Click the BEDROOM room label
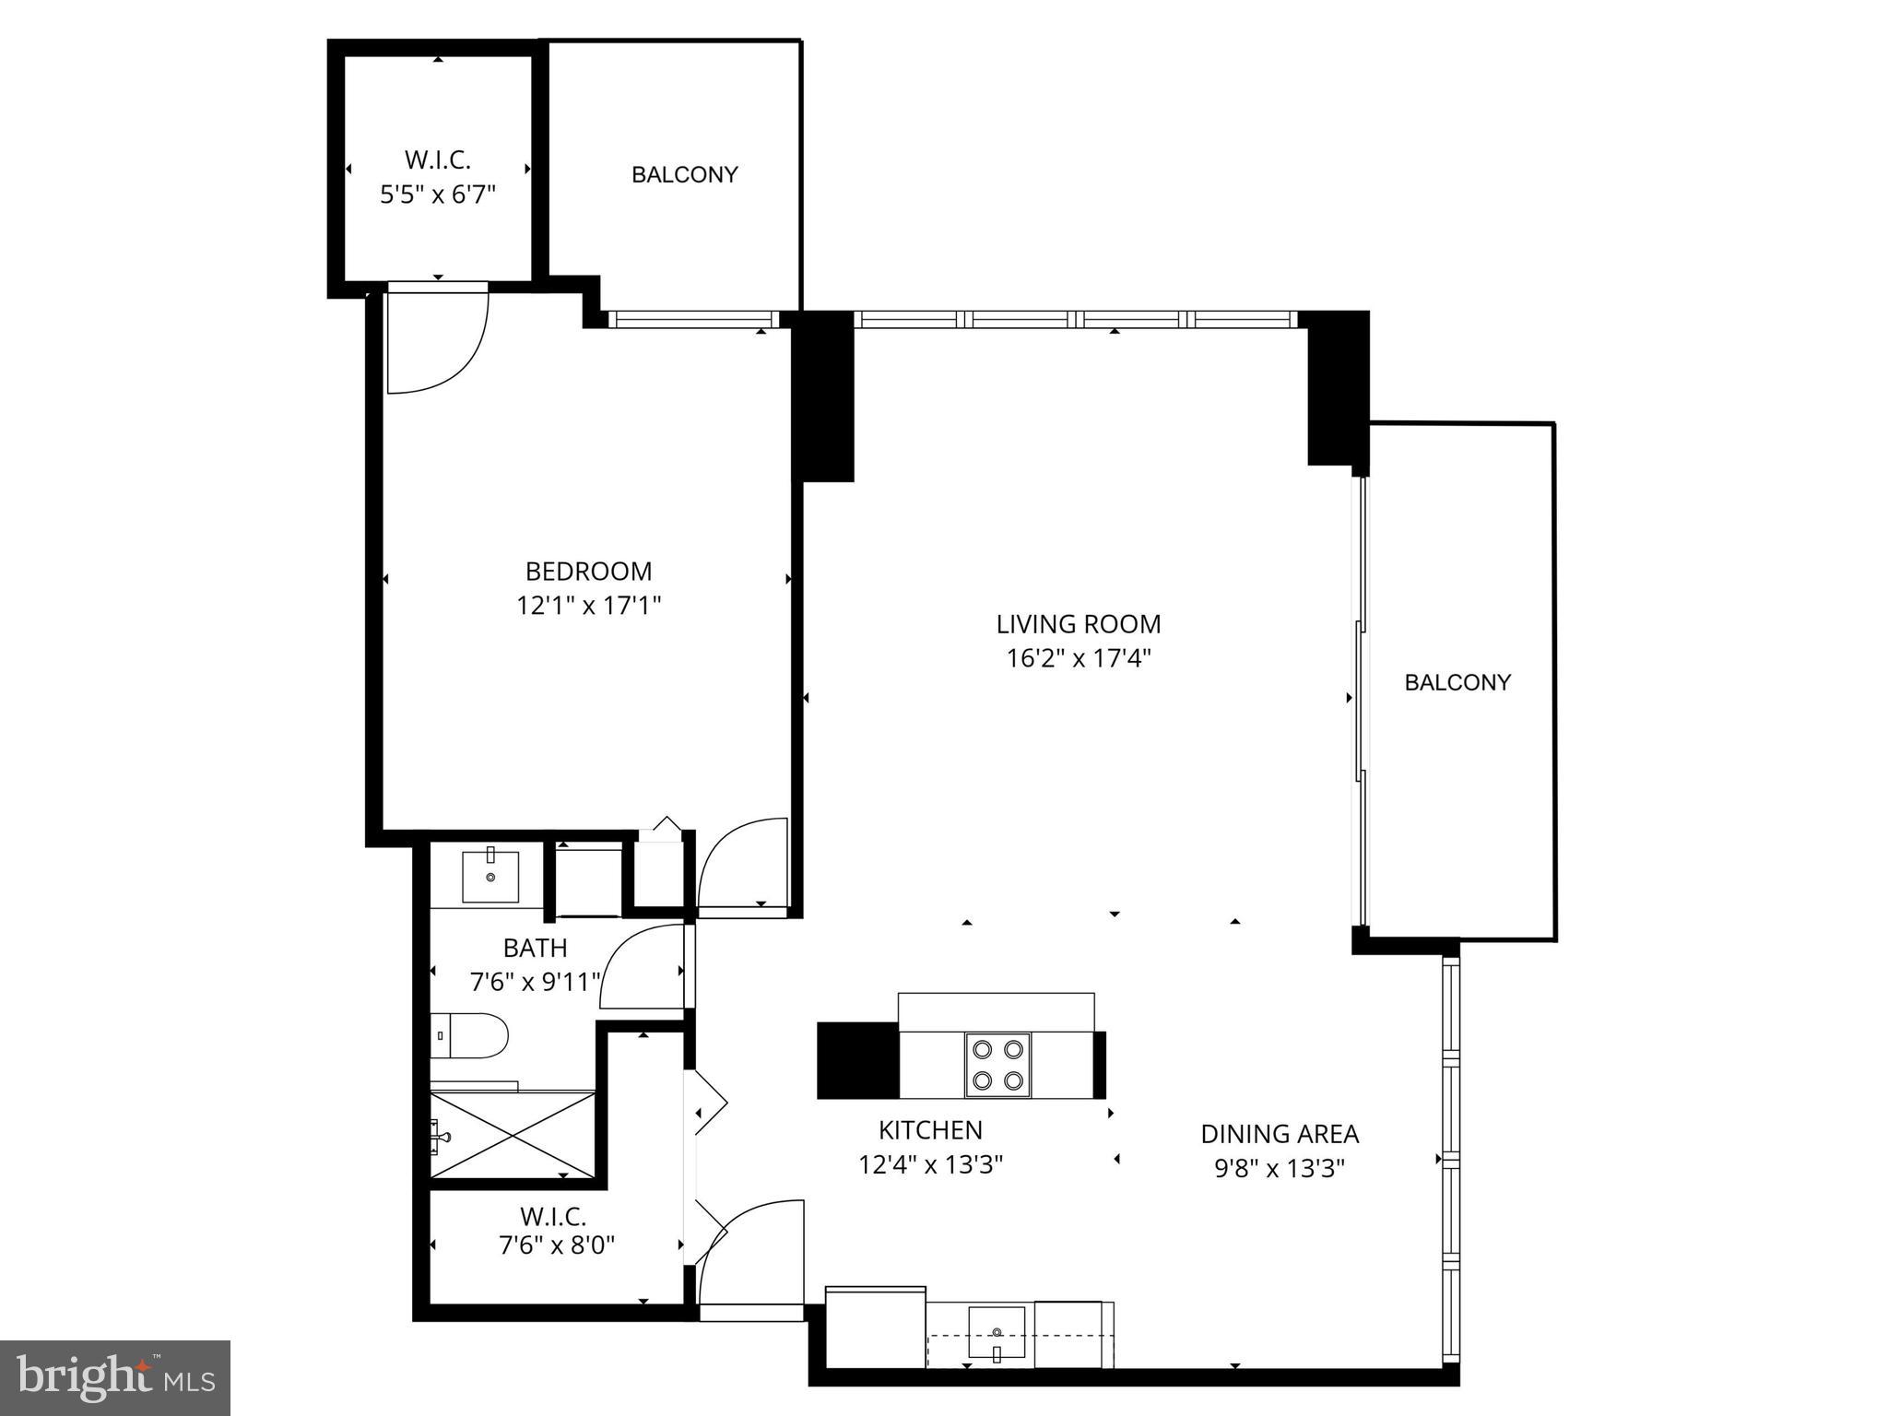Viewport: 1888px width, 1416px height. coord(588,572)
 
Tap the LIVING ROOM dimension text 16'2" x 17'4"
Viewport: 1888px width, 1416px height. coord(1078,658)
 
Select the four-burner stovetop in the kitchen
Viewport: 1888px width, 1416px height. coord(997,1065)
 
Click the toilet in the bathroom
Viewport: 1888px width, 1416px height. coord(469,1035)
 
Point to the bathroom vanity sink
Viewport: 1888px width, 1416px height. coord(490,876)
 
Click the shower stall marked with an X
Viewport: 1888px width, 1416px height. coord(513,1135)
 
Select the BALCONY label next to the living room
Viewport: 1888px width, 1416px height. coord(1457,682)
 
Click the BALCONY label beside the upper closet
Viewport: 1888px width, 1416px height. coord(684,174)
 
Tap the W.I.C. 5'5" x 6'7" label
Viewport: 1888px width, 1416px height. coord(438,177)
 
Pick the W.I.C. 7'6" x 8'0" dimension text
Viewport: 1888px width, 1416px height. coord(556,1246)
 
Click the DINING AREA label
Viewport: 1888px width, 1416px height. coord(1279,1134)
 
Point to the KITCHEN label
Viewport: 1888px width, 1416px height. coord(929,1130)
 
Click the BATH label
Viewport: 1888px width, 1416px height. coord(535,948)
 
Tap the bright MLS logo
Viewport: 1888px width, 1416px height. coord(115,1377)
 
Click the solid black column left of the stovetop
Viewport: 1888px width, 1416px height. coord(856,1060)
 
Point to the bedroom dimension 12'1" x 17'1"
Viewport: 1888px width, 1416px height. coord(588,606)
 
